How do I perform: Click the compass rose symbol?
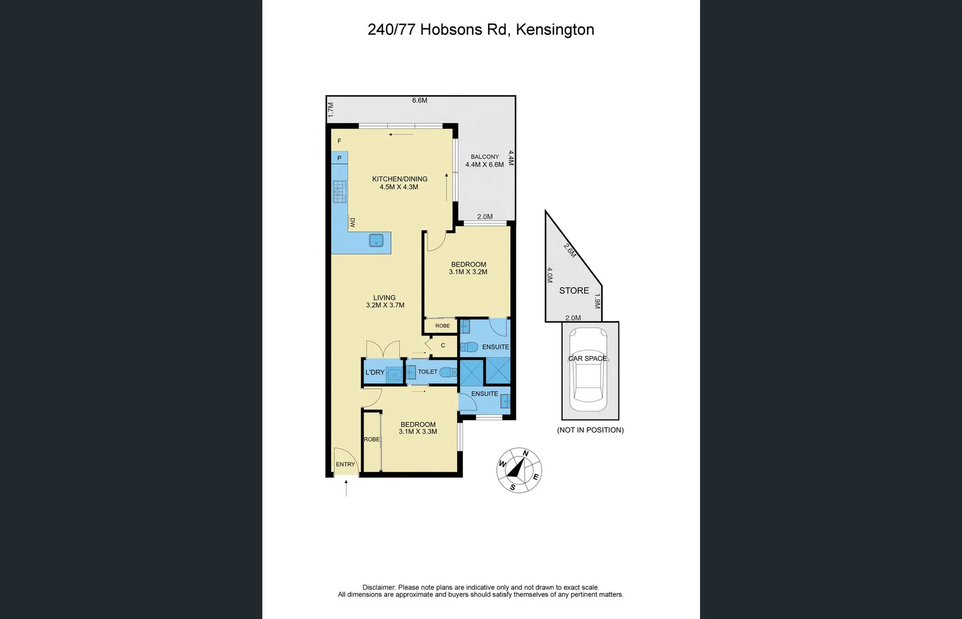pyautogui.click(x=519, y=470)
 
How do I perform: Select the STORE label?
pyautogui.click(x=574, y=291)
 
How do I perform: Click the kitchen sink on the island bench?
pyautogui.click(x=376, y=240)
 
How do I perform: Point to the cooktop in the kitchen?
pyautogui.click(x=340, y=191)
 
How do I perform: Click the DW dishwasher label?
pyautogui.click(x=352, y=222)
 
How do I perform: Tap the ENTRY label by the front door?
pyautogui.click(x=345, y=464)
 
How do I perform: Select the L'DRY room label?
pyautogui.click(x=375, y=373)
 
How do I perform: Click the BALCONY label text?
pyautogui.click(x=485, y=156)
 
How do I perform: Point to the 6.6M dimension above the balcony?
pyautogui.click(x=419, y=100)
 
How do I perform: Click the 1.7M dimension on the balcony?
pyautogui.click(x=330, y=110)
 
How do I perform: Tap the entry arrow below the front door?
pyautogui.click(x=346, y=488)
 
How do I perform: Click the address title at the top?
pyautogui.click(x=481, y=30)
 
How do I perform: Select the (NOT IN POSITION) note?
pyautogui.click(x=590, y=430)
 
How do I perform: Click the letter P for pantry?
pyautogui.click(x=339, y=158)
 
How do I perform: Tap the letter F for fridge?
pyautogui.click(x=339, y=141)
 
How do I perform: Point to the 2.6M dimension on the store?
pyautogui.click(x=570, y=250)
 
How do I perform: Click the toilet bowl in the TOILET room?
pyautogui.click(x=448, y=372)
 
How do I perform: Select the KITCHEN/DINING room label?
pyautogui.click(x=399, y=179)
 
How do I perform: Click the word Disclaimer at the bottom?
pyautogui.click(x=379, y=587)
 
